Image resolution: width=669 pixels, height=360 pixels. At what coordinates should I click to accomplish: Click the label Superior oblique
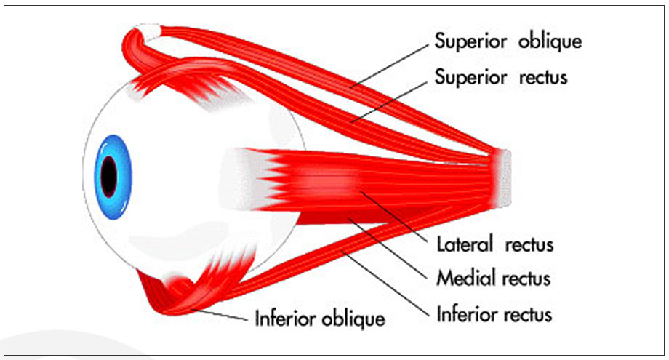coord(508,41)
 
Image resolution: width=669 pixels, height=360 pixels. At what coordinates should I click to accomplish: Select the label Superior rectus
coord(500,77)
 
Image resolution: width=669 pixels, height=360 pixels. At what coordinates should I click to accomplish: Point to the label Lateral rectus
coord(494,244)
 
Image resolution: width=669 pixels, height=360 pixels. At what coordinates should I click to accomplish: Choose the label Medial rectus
coord(493,279)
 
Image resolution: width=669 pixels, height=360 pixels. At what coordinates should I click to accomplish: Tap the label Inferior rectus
coord(494,314)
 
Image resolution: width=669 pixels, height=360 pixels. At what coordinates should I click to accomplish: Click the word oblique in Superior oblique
coord(550,41)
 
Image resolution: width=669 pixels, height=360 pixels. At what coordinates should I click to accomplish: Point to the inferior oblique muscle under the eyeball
coord(171,298)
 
